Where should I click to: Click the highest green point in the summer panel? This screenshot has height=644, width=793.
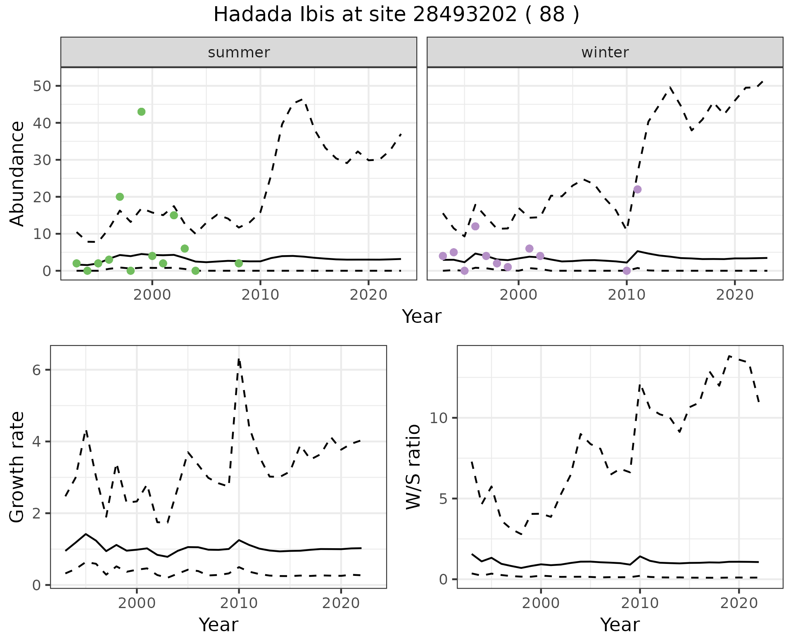coord(141,112)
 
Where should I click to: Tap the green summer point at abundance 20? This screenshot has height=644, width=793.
coord(120,197)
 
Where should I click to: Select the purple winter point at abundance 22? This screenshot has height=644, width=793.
coord(637,189)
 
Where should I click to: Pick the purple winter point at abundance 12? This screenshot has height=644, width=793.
coord(475,226)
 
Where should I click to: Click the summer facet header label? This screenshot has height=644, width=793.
coord(239,52)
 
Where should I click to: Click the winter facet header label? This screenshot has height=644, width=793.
coord(605,52)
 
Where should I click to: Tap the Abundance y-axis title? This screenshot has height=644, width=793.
coord(17,173)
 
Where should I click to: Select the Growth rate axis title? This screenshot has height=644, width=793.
coord(17,467)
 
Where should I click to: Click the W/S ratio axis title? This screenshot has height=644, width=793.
coord(413,467)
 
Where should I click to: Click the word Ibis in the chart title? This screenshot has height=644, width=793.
coord(310,15)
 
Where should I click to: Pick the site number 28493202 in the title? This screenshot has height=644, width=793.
coord(465,15)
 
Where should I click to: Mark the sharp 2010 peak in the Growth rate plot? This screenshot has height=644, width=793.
coord(239,360)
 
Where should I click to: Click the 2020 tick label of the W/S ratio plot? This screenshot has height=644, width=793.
coord(739,603)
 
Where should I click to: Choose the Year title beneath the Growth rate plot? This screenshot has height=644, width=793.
coord(218,625)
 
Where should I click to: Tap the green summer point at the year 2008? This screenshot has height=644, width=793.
coord(239,263)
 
